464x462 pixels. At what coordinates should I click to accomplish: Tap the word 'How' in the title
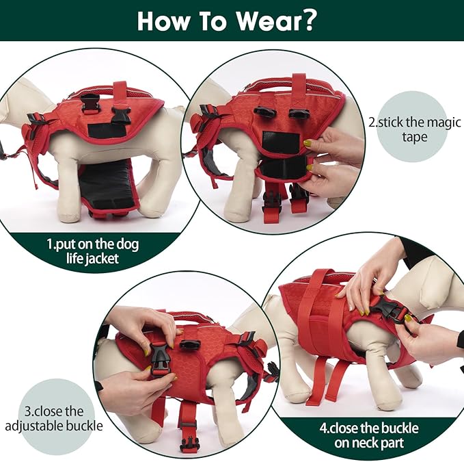point(164,21)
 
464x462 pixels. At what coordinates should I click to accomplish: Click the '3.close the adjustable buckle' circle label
point(55,418)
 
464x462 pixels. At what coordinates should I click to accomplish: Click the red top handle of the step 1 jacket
point(120,90)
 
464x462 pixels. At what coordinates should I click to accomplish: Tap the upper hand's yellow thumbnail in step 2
point(308,143)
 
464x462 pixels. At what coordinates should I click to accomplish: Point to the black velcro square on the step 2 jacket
point(280,143)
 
